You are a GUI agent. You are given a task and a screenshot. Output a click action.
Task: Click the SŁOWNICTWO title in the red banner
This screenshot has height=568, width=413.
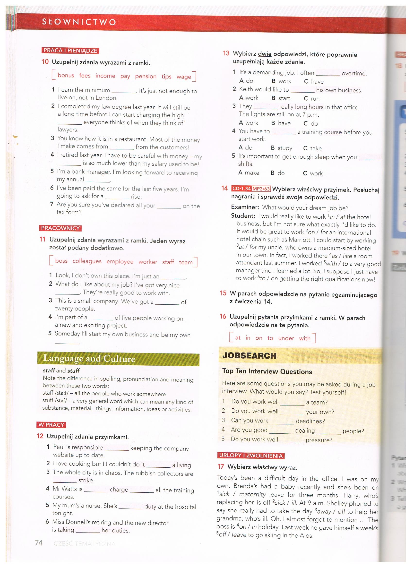79,22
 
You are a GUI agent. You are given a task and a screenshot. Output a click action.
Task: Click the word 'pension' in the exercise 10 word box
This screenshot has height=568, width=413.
146,76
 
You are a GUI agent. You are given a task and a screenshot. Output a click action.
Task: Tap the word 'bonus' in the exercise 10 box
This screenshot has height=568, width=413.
66,75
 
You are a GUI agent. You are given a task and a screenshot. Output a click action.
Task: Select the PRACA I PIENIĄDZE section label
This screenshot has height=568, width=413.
70,51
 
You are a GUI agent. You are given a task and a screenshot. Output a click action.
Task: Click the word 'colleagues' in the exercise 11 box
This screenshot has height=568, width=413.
87,261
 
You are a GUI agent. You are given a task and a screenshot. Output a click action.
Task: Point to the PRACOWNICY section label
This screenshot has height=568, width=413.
60,228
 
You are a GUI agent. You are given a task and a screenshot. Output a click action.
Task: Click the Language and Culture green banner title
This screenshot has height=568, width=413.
89,358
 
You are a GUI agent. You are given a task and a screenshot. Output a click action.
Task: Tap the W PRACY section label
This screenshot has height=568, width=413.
51,425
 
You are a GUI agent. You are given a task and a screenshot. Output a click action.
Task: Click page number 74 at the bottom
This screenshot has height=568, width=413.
39,543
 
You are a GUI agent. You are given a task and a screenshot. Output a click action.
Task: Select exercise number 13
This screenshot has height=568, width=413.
226,53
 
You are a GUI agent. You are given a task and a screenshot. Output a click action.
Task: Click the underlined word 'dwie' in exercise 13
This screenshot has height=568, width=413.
265,54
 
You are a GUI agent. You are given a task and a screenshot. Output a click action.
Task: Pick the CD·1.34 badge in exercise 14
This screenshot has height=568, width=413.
241,188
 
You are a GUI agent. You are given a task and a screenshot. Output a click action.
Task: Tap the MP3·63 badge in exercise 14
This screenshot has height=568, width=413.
261,189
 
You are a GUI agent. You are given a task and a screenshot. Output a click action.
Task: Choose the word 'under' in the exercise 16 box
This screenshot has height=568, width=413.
286,338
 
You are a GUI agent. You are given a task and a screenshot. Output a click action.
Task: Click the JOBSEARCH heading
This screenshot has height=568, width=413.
250,356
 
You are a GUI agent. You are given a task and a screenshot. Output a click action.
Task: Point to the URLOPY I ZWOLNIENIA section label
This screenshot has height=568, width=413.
251,456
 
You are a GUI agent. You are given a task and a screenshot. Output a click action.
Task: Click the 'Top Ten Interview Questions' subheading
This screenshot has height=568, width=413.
267,371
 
